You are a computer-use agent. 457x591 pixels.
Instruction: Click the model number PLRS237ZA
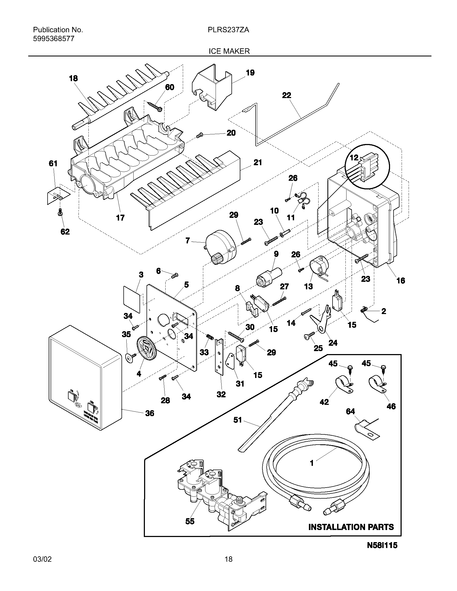[x=228, y=30]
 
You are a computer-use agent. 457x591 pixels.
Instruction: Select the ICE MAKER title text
[x=229, y=51]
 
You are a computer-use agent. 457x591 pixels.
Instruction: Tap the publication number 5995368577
[x=53, y=39]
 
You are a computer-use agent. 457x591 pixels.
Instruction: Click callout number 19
[x=250, y=73]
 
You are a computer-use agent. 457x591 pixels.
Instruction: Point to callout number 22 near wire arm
[x=287, y=95]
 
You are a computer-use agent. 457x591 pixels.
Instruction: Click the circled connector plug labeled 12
[x=367, y=167]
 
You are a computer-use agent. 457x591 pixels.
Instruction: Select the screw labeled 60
[x=155, y=106]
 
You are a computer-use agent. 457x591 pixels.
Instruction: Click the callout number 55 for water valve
[x=190, y=521]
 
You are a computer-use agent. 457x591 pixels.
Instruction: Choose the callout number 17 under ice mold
[x=120, y=218]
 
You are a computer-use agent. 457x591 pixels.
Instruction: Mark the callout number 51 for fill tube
[x=237, y=420]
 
